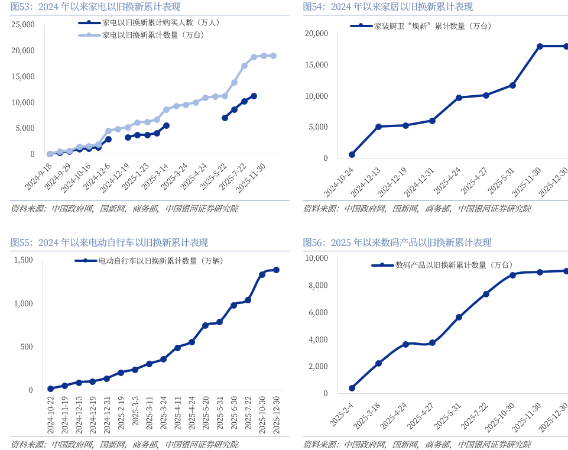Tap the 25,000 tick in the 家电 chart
23,25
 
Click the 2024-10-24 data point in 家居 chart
352,154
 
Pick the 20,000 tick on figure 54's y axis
316,34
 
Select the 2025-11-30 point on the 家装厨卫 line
540,46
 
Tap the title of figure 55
109,242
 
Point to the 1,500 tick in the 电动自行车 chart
24,260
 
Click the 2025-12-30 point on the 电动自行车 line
276,270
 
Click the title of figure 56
397,242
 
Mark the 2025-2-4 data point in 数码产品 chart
352,389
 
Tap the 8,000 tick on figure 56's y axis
316,286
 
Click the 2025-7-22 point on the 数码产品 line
486,294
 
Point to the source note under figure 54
417,209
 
